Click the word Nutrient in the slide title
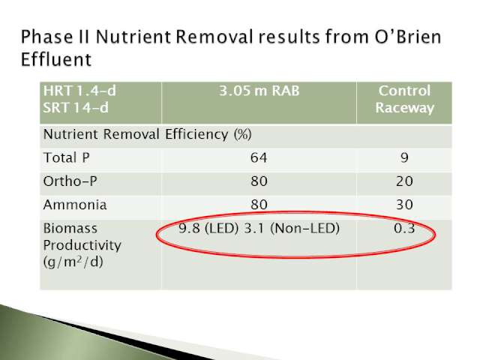(x=133, y=37)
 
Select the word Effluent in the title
(x=56, y=59)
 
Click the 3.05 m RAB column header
(x=259, y=91)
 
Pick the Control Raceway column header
(x=404, y=99)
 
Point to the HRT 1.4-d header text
(x=79, y=91)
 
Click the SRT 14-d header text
(x=76, y=108)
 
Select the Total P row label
(x=67, y=157)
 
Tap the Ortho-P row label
(x=70, y=181)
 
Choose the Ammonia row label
(x=75, y=205)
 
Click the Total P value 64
(x=259, y=158)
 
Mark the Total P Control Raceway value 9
(x=404, y=158)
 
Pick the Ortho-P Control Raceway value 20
(x=404, y=181)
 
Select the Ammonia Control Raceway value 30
(x=404, y=205)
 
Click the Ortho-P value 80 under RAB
(x=259, y=181)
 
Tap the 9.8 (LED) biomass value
(x=208, y=228)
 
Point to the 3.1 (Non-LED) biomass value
(x=292, y=228)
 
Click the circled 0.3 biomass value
(x=404, y=228)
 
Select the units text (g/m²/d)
(x=73, y=262)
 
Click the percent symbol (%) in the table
(x=243, y=134)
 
